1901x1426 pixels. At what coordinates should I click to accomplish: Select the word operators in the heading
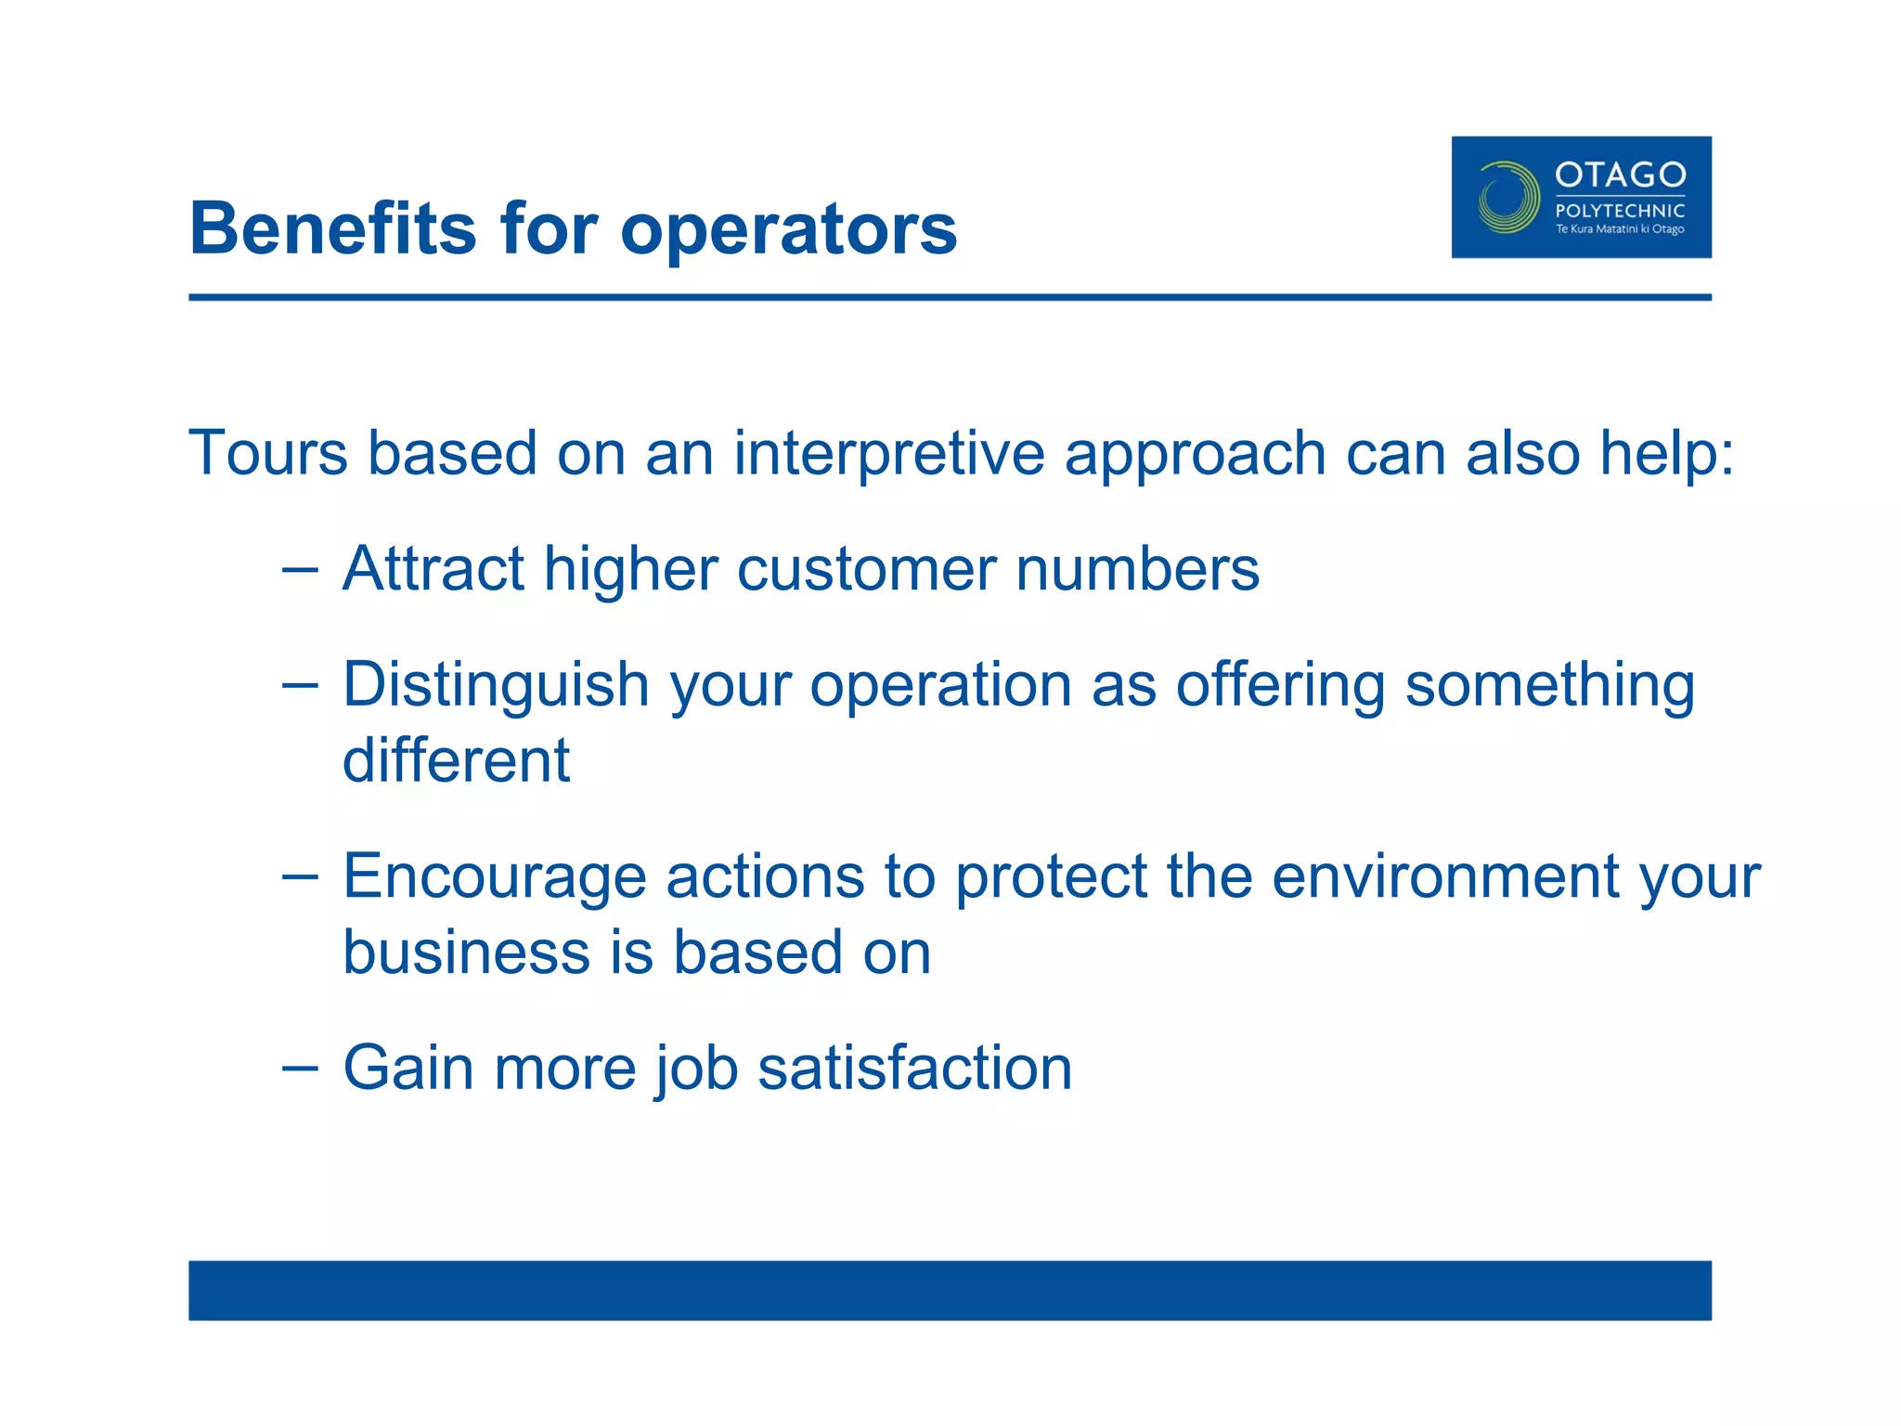click(x=788, y=230)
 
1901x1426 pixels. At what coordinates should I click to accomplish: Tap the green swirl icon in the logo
click(x=1507, y=197)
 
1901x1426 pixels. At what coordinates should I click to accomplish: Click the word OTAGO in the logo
click(x=1620, y=175)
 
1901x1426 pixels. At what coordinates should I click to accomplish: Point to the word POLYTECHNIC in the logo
click(x=1620, y=211)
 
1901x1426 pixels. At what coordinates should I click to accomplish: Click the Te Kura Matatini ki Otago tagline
click(x=1620, y=229)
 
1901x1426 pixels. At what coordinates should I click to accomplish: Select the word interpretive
click(x=889, y=455)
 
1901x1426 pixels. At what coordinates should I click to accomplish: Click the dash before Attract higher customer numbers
click(x=300, y=568)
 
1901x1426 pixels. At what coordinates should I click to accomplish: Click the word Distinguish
click(x=496, y=686)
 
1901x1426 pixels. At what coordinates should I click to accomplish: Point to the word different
click(x=456, y=760)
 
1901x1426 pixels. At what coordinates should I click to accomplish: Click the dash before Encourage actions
click(x=300, y=875)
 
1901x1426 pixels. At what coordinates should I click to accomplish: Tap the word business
click(x=466, y=953)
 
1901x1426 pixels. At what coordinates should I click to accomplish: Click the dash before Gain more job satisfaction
click(x=300, y=1068)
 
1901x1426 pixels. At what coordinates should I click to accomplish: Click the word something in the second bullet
click(x=1549, y=686)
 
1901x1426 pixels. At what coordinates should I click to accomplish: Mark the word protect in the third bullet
click(x=1051, y=877)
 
